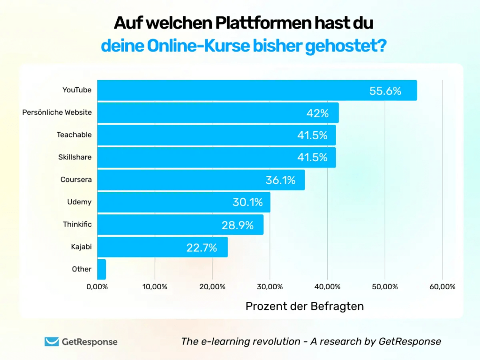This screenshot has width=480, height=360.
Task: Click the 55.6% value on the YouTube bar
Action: (x=385, y=91)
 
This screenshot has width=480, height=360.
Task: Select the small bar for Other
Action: (x=102, y=269)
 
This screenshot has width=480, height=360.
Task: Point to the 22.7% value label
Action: (x=202, y=247)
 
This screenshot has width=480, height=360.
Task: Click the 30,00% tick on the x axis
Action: (x=270, y=287)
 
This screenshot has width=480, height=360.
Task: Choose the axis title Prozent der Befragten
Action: (x=305, y=306)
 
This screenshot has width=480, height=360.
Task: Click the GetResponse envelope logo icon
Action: (x=52, y=342)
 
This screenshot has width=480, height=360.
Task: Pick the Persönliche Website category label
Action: (x=57, y=112)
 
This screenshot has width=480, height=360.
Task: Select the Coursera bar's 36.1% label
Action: (x=281, y=180)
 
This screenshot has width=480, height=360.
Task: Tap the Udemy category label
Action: (x=79, y=202)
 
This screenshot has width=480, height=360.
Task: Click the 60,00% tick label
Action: (x=442, y=287)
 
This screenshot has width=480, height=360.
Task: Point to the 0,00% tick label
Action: (x=97, y=287)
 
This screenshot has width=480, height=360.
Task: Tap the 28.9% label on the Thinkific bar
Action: (x=237, y=225)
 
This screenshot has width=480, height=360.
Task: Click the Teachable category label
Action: (x=74, y=135)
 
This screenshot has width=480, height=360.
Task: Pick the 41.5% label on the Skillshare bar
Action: (x=312, y=157)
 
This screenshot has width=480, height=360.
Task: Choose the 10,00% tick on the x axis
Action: (x=155, y=287)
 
